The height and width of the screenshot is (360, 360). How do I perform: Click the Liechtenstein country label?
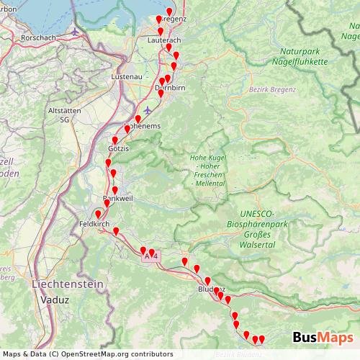(68, 284)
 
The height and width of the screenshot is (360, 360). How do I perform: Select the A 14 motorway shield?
(150, 256)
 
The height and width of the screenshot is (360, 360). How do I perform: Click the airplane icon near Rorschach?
(77, 32)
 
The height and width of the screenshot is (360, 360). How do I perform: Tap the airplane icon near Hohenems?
(148, 110)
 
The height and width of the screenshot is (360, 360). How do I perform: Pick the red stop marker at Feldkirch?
(99, 213)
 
